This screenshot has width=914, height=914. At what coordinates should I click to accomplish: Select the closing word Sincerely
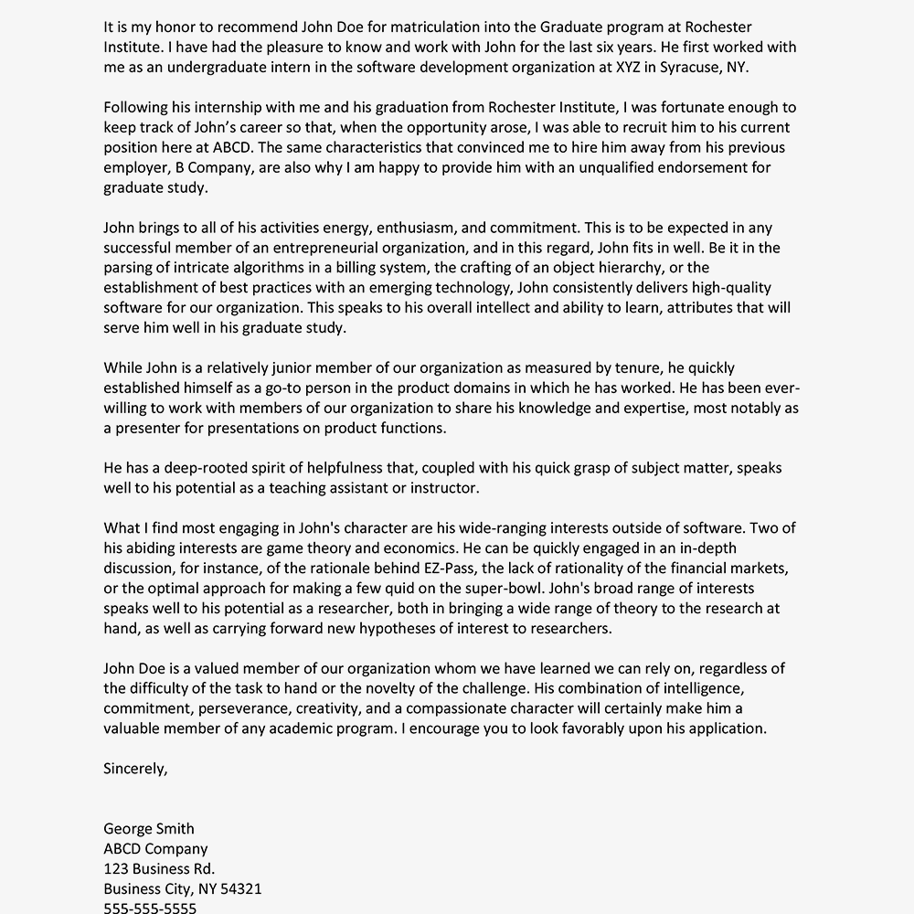click(x=135, y=769)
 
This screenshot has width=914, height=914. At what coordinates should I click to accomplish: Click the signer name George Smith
click(x=149, y=829)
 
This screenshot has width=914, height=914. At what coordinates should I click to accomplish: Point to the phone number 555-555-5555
click(x=150, y=908)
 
